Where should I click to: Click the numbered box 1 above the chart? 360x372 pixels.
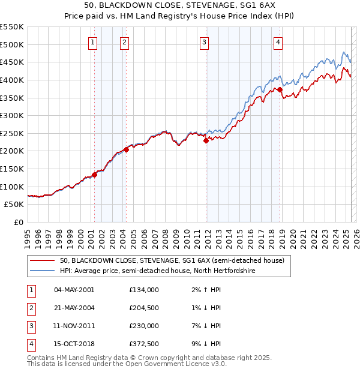tap(94, 42)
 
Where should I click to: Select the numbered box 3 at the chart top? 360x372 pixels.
tap(205, 42)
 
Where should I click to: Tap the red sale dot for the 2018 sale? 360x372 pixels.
tap(280, 89)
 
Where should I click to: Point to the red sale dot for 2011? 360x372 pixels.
tap(206, 141)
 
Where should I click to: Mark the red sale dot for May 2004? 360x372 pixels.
tap(126, 149)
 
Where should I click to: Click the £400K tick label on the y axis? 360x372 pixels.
tap(13, 80)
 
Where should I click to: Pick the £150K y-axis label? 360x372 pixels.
tap(13, 169)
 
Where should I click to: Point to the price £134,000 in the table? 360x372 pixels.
tap(144, 290)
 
